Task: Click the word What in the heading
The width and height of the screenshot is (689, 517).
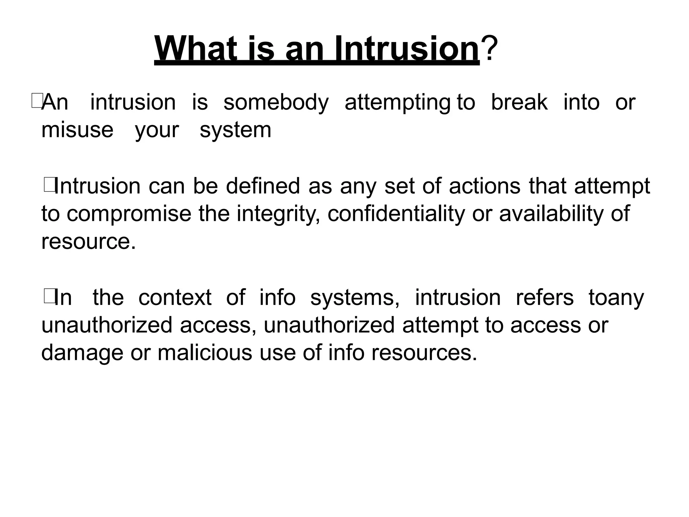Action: (x=195, y=49)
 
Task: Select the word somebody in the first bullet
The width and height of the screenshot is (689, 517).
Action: (x=276, y=102)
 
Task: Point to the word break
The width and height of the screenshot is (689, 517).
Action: (x=519, y=102)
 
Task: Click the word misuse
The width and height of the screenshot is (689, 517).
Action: (x=77, y=130)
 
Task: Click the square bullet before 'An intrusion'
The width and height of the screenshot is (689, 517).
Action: (x=36, y=102)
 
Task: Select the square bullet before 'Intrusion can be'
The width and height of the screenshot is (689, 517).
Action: (x=49, y=186)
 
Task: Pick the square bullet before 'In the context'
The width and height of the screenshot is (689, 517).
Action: (x=49, y=297)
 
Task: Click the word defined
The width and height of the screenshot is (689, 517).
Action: (x=262, y=186)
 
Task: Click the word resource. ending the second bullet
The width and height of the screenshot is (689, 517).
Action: (x=88, y=242)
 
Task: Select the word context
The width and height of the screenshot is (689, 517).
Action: (x=175, y=298)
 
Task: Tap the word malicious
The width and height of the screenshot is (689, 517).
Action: (x=205, y=353)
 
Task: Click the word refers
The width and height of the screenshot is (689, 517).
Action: (x=544, y=298)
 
